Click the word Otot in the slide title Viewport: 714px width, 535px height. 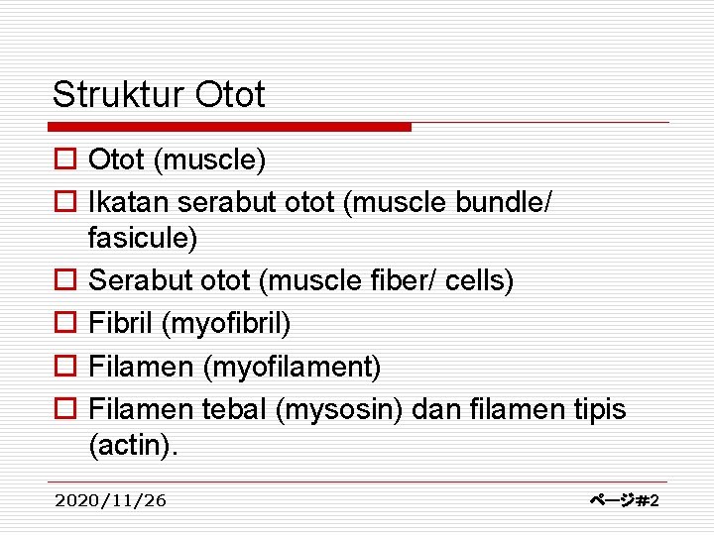[231, 95]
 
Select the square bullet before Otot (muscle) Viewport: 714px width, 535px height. [63, 160]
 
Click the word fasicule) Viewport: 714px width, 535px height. [143, 238]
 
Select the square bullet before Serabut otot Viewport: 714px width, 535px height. [63, 282]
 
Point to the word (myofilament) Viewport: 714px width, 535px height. [292, 368]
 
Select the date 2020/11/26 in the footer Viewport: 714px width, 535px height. [111, 500]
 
